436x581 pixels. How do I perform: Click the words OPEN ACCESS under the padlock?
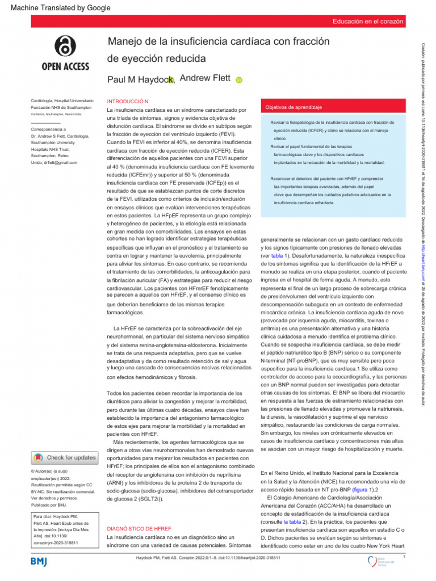65,67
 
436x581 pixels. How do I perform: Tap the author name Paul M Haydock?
139,80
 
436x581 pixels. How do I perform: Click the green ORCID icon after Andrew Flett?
238,80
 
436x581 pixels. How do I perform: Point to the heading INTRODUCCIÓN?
128,101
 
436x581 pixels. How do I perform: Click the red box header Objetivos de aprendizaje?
294,107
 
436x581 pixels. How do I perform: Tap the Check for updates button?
65,457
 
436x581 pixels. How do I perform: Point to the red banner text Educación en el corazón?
368,22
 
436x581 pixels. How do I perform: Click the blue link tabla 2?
292,521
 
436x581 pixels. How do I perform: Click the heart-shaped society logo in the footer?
372,561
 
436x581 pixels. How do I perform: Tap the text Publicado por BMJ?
49,504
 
